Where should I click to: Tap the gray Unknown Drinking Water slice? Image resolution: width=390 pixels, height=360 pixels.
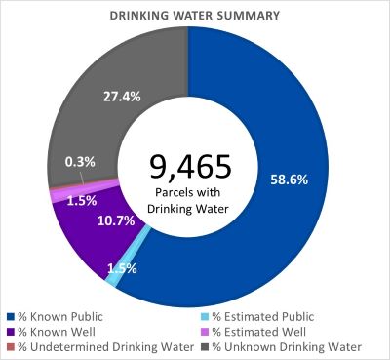click(x=117, y=107)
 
